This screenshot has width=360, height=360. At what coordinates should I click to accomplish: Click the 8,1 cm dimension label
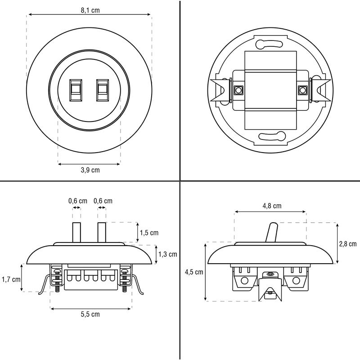(x=90, y=10)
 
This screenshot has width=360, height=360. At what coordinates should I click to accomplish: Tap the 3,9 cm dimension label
(x=90, y=170)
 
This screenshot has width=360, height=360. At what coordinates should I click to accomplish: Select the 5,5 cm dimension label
(x=90, y=314)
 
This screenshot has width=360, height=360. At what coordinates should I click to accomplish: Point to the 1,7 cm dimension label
(x=11, y=279)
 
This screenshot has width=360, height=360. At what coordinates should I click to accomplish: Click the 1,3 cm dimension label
(x=168, y=254)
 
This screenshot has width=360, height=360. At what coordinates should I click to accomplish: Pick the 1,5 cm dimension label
(x=149, y=233)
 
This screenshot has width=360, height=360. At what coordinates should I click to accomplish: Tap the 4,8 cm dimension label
(x=272, y=206)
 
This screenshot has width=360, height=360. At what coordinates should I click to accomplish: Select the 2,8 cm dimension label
(x=348, y=244)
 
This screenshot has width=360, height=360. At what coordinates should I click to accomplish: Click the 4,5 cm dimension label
(x=194, y=272)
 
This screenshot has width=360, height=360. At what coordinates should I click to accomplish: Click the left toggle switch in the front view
(x=76, y=90)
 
